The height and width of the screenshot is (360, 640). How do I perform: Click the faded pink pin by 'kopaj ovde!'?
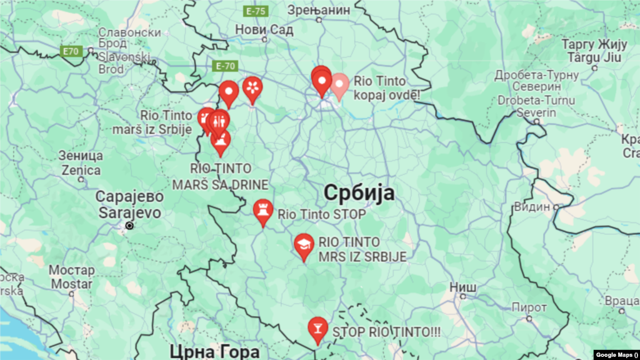[x=340, y=86]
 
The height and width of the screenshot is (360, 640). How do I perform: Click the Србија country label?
[x=359, y=193]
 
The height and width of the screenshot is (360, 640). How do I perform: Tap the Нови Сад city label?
[x=259, y=29]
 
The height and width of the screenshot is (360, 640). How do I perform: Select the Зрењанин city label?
[x=318, y=10]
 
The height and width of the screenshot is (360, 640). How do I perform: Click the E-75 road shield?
[x=256, y=11]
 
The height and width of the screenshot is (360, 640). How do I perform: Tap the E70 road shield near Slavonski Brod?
[x=71, y=51]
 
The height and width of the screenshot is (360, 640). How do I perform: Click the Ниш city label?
[x=463, y=287]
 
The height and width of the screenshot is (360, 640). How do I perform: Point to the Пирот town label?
[x=529, y=308]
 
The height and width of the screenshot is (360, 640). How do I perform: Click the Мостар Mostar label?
[x=71, y=277]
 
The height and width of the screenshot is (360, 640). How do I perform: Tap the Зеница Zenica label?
[x=81, y=162]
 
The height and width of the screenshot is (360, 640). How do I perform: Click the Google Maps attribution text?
[x=615, y=354]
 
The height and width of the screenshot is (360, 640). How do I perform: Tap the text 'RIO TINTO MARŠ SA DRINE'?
[x=229, y=176]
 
